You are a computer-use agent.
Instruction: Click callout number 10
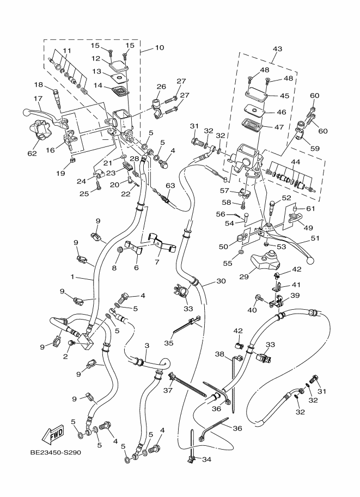pos(159,48)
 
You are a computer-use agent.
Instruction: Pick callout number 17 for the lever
pos(38,99)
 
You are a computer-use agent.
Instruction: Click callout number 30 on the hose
pos(221,281)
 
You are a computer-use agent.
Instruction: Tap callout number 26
pos(161,86)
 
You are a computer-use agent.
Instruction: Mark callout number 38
pos(219,354)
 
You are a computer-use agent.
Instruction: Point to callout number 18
pos(39,84)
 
